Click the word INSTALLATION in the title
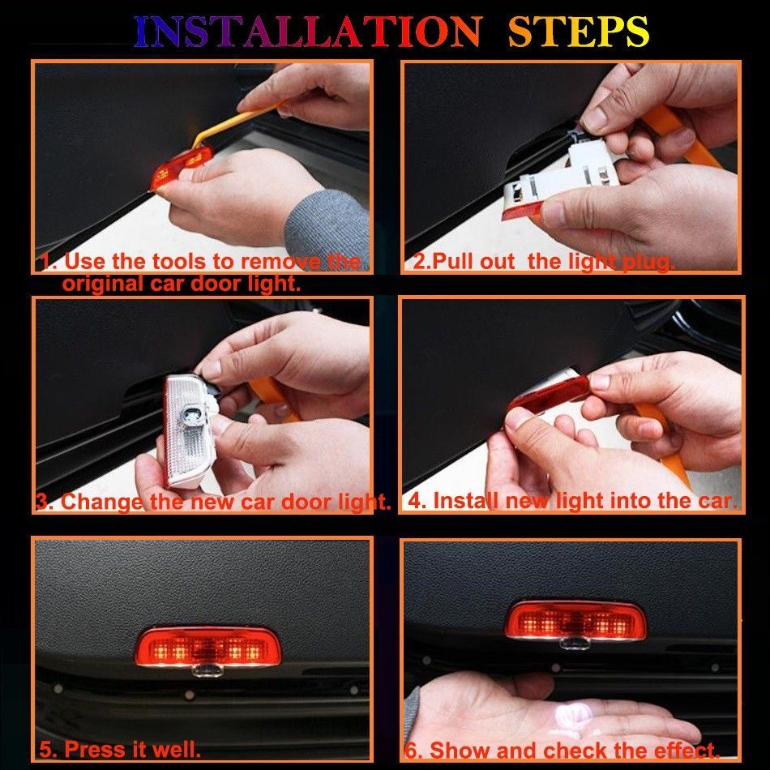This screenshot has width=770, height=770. (307, 32)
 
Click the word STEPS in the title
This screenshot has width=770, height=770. (579, 32)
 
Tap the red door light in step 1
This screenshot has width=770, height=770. (181, 167)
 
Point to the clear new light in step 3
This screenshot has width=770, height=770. (189, 430)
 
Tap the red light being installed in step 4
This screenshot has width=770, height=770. (548, 396)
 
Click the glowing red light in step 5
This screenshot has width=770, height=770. (207, 647)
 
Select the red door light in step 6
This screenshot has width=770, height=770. (575, 621)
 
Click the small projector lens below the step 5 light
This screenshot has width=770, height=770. (207, 669)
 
